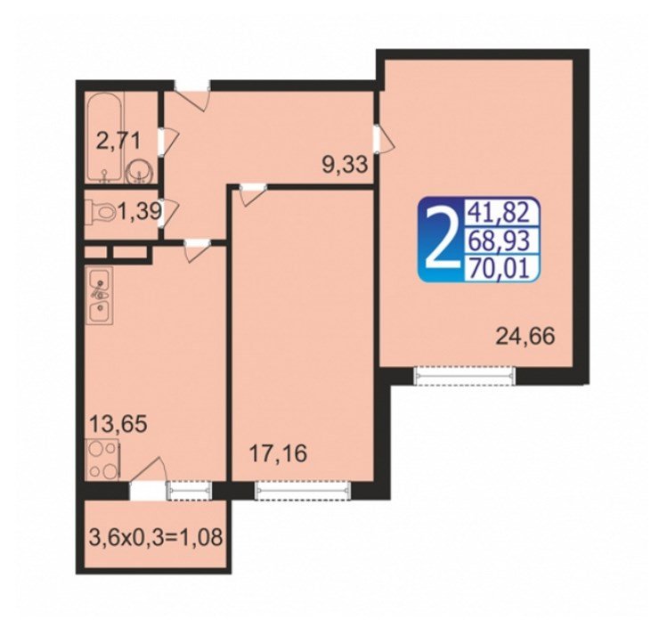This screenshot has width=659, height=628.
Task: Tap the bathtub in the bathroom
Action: (x=104, y=136)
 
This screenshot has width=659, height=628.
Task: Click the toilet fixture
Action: (x=101, y=209)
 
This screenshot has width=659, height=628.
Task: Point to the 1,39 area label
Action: (x=140, y=210)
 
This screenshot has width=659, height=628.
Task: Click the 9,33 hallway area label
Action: (x=345, y=165)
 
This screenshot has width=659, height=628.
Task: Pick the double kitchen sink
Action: (x=100, y=297)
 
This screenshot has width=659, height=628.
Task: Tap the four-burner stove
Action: (x=103, y=461)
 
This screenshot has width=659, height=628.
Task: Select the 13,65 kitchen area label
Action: (x=119, y=424)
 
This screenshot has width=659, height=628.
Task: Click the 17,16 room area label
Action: (x=278, y=453)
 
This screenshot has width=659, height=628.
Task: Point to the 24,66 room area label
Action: (x=525, y=337)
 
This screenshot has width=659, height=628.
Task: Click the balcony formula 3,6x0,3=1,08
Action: (x=156, y=537)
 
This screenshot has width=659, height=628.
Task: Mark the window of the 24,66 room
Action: (x=464, y=375)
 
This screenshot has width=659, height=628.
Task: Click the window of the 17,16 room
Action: (x=303, y=490)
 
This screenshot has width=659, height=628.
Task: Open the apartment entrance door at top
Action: (x=192, y=94)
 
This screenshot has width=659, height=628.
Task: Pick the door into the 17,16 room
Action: (x=253, y=194)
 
